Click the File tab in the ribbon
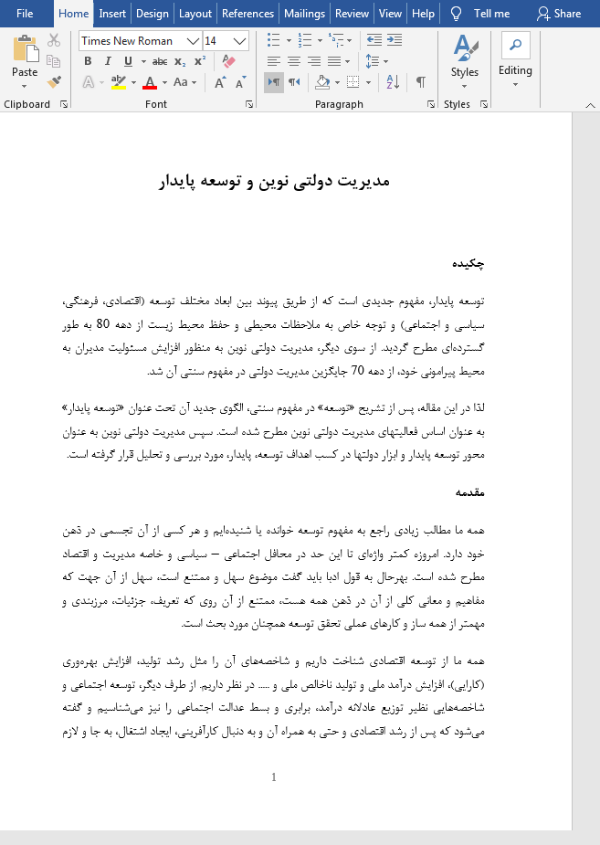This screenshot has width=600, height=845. (x=25, y=14)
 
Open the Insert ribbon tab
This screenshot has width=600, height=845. (x=112, y=14)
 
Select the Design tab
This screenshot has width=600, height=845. (x=152, y=14)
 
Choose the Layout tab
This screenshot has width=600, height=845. (x=195, y=14)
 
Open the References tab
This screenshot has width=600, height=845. (x=247, y=14)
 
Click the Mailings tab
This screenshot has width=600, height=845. (x=304, y=14)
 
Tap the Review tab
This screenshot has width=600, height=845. (x=352, y=14)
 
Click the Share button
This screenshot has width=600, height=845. (x=558, y=14)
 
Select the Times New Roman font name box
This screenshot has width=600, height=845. (x=132, y=41)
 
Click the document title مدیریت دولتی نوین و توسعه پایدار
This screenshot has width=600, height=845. (x=274, y=181)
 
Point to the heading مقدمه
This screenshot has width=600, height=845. (x=469, y=492)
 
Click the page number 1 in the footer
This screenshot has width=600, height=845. (x=273, y=777)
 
